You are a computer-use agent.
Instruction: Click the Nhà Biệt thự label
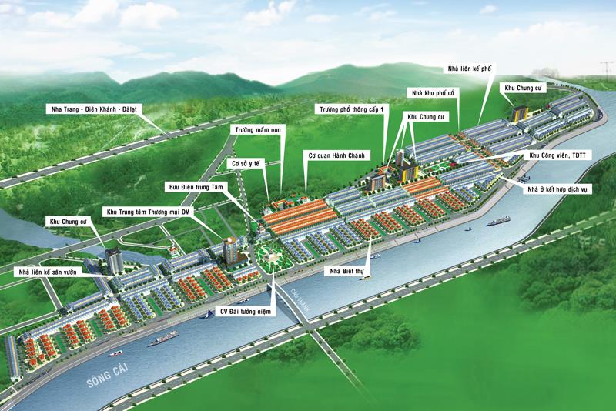[x=345, y=272]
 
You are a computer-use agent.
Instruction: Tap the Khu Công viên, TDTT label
[x=557, y=155]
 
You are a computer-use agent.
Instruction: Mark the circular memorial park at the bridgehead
[x=266, y=256]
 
